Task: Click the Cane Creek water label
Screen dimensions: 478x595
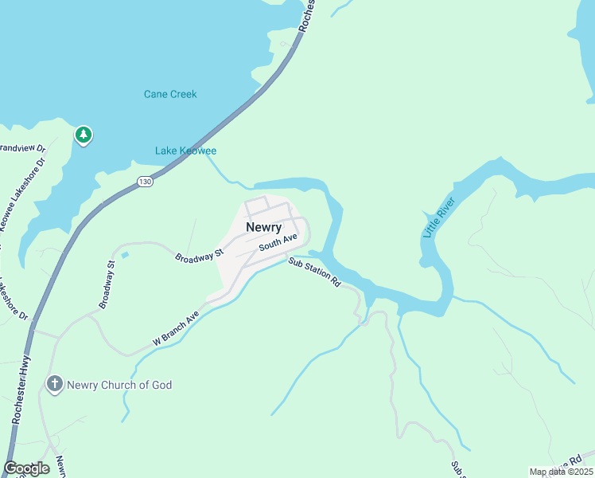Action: (x=169, y=94)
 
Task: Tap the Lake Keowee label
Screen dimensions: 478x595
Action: (x=185, y=151)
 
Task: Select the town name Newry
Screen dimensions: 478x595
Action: (x=263, y=227)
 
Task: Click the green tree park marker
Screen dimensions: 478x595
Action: (x=83, y=134)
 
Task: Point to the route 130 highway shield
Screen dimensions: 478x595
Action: (x=144, y=182)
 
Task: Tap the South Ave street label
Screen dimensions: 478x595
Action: (x=278, y=242)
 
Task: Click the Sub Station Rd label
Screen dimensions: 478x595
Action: (x=314, y=272)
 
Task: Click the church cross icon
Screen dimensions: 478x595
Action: (x=54, y=385)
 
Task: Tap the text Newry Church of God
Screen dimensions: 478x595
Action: (x=119, y=386)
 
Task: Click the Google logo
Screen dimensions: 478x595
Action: (x=26, y=468)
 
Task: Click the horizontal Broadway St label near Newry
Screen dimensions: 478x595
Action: (x=198, y=257)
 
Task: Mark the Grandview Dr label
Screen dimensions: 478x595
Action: (x=21, y=148)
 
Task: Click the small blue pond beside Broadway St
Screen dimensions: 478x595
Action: (x=125, y=255)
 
